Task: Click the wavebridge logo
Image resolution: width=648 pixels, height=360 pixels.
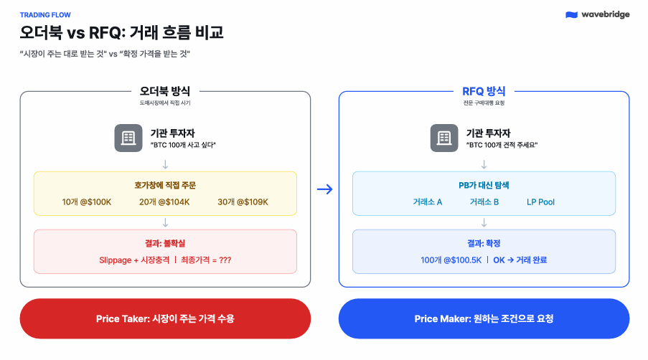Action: (597, 14)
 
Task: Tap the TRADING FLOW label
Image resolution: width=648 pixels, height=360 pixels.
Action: (45, 14)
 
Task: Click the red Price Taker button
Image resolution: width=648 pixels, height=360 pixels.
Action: (165, 318)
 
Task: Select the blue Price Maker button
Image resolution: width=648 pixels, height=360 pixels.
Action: (484, 318)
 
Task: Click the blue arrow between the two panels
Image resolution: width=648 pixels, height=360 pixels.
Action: (324, 189)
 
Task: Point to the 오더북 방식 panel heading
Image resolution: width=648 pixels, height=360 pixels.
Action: (165, 92)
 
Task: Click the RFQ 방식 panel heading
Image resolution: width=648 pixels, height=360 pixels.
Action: (484, 92)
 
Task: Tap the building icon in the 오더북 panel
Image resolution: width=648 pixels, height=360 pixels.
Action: (128, 138)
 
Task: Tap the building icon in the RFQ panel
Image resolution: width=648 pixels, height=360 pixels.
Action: (444, 138)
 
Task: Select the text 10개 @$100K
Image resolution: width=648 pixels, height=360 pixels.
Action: (87, 202)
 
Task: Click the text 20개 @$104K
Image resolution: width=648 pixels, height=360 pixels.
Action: (164, 202)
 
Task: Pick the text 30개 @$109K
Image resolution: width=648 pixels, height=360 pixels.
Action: (243, 202)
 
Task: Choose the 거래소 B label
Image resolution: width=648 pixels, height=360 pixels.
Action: (484, 202)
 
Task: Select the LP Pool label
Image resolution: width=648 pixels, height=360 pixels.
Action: (540, 202)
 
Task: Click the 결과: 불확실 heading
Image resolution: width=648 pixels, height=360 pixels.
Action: (165, 244)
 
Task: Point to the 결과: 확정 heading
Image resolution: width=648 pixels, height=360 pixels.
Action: (484, 244)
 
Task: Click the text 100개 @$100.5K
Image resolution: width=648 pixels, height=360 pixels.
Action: (451, 260)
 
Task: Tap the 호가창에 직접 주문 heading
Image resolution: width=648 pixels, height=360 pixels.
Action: (165, 185)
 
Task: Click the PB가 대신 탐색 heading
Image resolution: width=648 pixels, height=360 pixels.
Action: (484, 185)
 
